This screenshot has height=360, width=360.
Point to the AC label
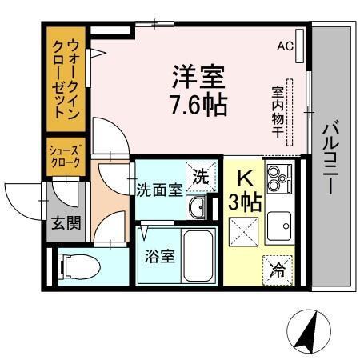(x=286, y=46)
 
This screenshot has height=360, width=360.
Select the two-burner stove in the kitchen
(x=279, y=179)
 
